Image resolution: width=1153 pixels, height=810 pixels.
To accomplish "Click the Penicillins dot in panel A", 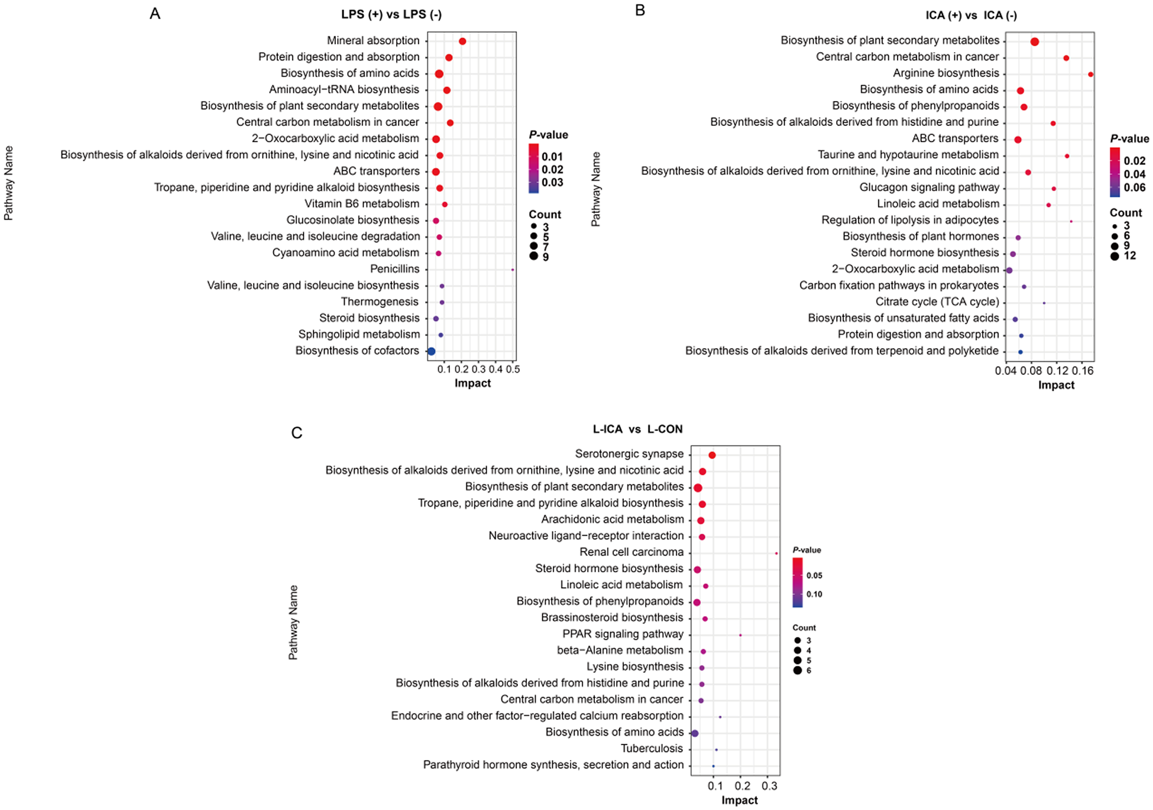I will pos(513,270).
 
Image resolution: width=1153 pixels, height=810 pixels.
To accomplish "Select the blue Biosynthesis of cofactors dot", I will pos(431,351).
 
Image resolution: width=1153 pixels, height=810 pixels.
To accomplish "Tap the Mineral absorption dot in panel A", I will pos(462,41).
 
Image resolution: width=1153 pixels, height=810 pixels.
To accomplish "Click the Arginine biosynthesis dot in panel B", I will pos(1090,74).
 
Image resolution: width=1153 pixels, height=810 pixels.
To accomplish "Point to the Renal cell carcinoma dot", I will pos(776,553).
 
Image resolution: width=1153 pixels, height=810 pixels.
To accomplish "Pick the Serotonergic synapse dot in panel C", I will pos(712,455).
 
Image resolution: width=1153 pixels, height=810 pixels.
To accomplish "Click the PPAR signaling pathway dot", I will pos(740,636).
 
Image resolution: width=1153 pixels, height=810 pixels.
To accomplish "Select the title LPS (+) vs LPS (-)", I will pos(391,15).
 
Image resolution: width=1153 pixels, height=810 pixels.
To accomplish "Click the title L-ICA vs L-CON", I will pos(637,429).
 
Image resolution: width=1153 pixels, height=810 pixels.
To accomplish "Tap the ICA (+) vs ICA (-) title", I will pos(971,15).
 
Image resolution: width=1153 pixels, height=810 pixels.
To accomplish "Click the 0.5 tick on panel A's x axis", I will pos(513,370).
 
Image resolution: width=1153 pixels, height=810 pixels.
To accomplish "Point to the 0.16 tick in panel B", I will pos(1082,371).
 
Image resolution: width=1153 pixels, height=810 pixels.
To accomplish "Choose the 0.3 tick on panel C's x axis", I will pos(769,786).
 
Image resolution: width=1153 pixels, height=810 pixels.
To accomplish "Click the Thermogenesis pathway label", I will pos(380,302).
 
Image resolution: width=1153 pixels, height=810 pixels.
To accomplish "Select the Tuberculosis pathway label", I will pos(652,749).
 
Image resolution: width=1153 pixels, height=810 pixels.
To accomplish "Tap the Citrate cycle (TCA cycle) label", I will pos(937,302).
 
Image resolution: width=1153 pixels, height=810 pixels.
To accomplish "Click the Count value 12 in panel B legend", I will pos(1129,256).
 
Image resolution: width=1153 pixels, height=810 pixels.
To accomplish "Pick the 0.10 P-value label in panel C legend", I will pos(814,594).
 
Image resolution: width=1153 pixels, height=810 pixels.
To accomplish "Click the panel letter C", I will pos(297,433).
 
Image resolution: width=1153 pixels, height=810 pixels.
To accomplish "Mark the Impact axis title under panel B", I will pos(1056,385).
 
